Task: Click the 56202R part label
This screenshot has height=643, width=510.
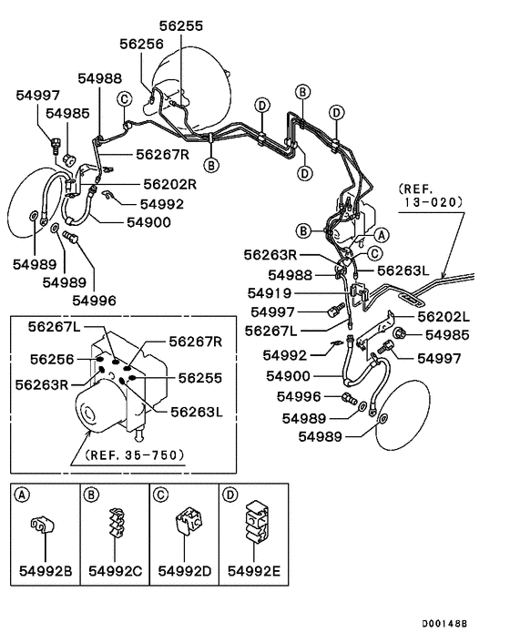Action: (x=169, y=185)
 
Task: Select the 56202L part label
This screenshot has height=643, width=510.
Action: (x=444, y=317)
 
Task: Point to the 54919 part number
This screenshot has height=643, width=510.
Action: (x=270, y=293)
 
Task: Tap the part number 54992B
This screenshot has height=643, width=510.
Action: (x=46, y=571)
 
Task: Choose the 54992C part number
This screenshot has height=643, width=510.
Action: (x=115, y=571)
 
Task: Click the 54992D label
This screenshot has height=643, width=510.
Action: (x=185, y=571)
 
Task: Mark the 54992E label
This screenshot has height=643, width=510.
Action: (x=254, y=571)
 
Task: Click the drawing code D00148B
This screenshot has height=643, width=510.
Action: (x=444, y=624)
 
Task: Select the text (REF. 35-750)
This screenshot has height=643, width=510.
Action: (x=135, y=454)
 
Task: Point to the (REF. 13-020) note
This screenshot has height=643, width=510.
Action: (x=431, y=196)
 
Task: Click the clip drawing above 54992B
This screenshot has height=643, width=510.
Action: (x=42, y=526)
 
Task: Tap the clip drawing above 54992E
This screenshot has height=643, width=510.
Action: (x=257, y=521)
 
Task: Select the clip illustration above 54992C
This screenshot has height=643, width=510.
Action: (x=117, y=523)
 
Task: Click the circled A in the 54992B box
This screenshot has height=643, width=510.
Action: (x=22, y=495)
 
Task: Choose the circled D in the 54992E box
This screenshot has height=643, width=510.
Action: (x=230, y=495)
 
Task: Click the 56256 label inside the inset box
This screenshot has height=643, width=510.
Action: (x=52, y=360)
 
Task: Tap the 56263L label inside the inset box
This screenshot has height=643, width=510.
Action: (x=197, y=412)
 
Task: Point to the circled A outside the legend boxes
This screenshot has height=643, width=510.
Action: (x=382, y=235)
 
